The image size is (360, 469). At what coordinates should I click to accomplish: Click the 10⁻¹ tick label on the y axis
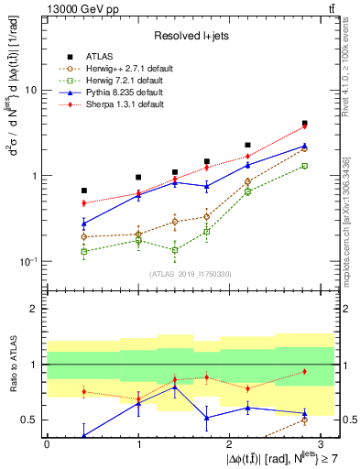click(30, 261)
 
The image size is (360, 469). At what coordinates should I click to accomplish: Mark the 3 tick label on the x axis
click(322, 443)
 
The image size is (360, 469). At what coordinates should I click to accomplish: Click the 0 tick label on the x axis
click(47, 443)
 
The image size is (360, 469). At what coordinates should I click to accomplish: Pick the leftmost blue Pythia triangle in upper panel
click(84, 223)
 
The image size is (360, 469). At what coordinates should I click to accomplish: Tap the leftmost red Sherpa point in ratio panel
click(84, 392)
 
